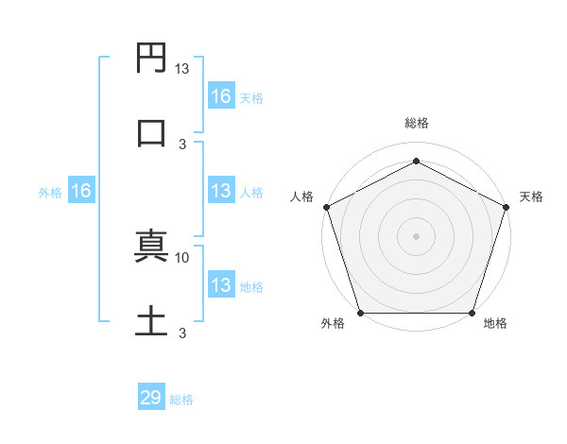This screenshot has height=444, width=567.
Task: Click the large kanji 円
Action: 152,60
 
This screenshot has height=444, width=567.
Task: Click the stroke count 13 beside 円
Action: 182,69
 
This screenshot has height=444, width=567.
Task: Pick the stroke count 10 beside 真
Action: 182,257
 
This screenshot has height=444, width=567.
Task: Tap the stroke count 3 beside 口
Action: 182,144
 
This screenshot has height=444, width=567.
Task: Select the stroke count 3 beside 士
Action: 182,333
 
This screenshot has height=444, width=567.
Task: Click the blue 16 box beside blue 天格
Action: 221,96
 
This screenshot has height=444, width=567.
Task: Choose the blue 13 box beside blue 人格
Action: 221,192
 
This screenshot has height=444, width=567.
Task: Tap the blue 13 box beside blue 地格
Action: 221,285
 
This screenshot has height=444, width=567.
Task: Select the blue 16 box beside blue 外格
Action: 81,192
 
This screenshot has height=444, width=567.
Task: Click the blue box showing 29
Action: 151,398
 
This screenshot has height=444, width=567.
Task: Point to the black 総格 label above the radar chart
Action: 417,123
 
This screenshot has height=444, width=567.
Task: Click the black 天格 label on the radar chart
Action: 531,196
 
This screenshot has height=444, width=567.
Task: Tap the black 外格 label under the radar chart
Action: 333,324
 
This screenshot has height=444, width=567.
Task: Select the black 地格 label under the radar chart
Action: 495,324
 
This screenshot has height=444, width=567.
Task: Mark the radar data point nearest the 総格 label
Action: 416,162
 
